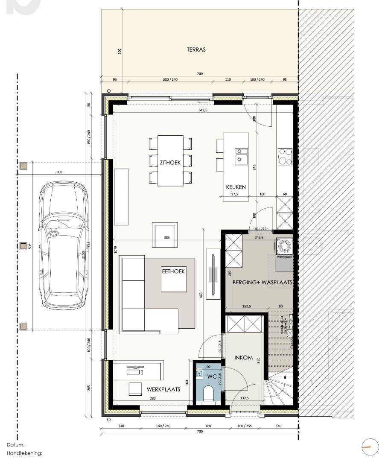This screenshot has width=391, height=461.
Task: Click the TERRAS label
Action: tap(196, 50)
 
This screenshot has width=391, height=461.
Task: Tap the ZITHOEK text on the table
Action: tap(170, 163)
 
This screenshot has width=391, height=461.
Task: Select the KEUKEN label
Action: tap(236, 187)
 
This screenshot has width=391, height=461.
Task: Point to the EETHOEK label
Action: tap(173, 271)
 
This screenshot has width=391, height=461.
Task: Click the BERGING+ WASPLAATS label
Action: tap(262, 283)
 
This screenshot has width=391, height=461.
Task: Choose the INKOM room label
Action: tap(244, 358)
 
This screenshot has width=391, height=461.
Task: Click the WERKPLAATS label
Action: tap(163, 389)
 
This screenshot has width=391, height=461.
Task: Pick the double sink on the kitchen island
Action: tap(242, 156)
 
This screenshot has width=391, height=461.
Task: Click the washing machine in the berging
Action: tap(283, 247)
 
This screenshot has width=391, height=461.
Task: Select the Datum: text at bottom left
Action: tap(16, 445)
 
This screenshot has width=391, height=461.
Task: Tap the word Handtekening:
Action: tap(24, 453)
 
